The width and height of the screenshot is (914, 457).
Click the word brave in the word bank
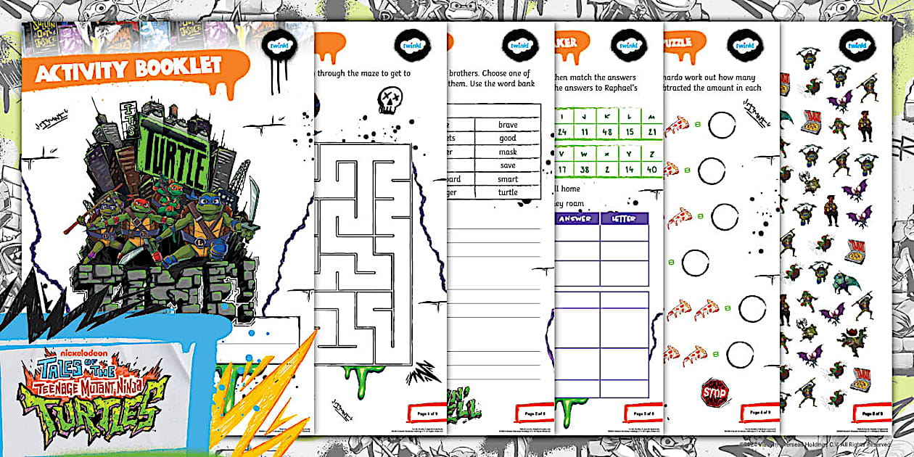(x=508, y=125)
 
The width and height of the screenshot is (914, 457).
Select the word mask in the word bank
(x=508, y=152)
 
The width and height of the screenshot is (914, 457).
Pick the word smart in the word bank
(x=508, y=179)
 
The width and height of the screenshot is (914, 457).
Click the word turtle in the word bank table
(x=508, y=192)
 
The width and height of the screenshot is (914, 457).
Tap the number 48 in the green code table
(x=608, y=131)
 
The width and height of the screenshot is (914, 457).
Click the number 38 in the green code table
(x=585, y=170)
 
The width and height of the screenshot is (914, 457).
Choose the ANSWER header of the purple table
(x=577, y=219)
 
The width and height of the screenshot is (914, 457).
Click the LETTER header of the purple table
(x=624, y=219)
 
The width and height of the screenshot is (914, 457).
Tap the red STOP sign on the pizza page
(x=715, y=392)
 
